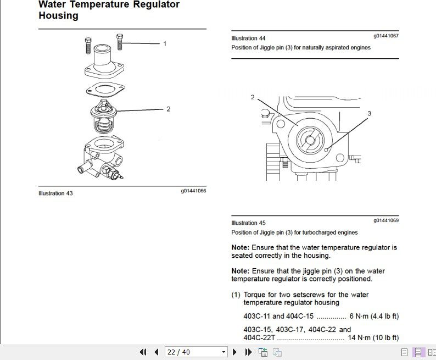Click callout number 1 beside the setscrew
point(164,43)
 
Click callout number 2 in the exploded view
point(168,109)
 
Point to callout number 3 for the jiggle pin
point(369,113)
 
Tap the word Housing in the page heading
point(58,16)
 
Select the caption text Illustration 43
point(55,193)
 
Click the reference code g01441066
point(193,191)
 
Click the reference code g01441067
point(386,36)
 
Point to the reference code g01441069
point(386,220)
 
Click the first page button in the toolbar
point(143,352)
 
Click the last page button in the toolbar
point(248,352)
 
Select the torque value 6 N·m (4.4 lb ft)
point(374,316)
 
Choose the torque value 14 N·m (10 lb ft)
point(373,337)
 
